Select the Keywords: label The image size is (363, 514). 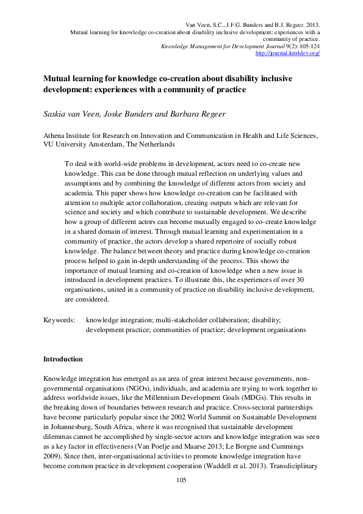click(x=59, y=319)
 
